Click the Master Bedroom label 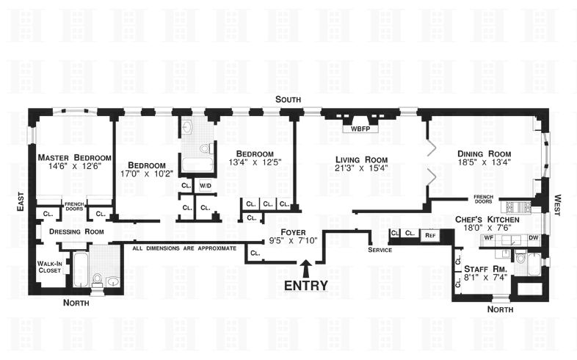pyautogui.click(x=74, y=157)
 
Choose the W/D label pyautogui.click(x=205, y=185)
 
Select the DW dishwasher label pyautogui.click(x=533, y=238)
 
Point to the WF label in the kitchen pyautogui.click(x=488, y=238)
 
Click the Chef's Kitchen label pyautogui.click(x=487, y=220)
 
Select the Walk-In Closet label pyautogui.click(x=50, y=266)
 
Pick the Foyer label pyautogui.click(x=292, y=232)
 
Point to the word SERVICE pyautogui.click(x=381, y=250)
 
